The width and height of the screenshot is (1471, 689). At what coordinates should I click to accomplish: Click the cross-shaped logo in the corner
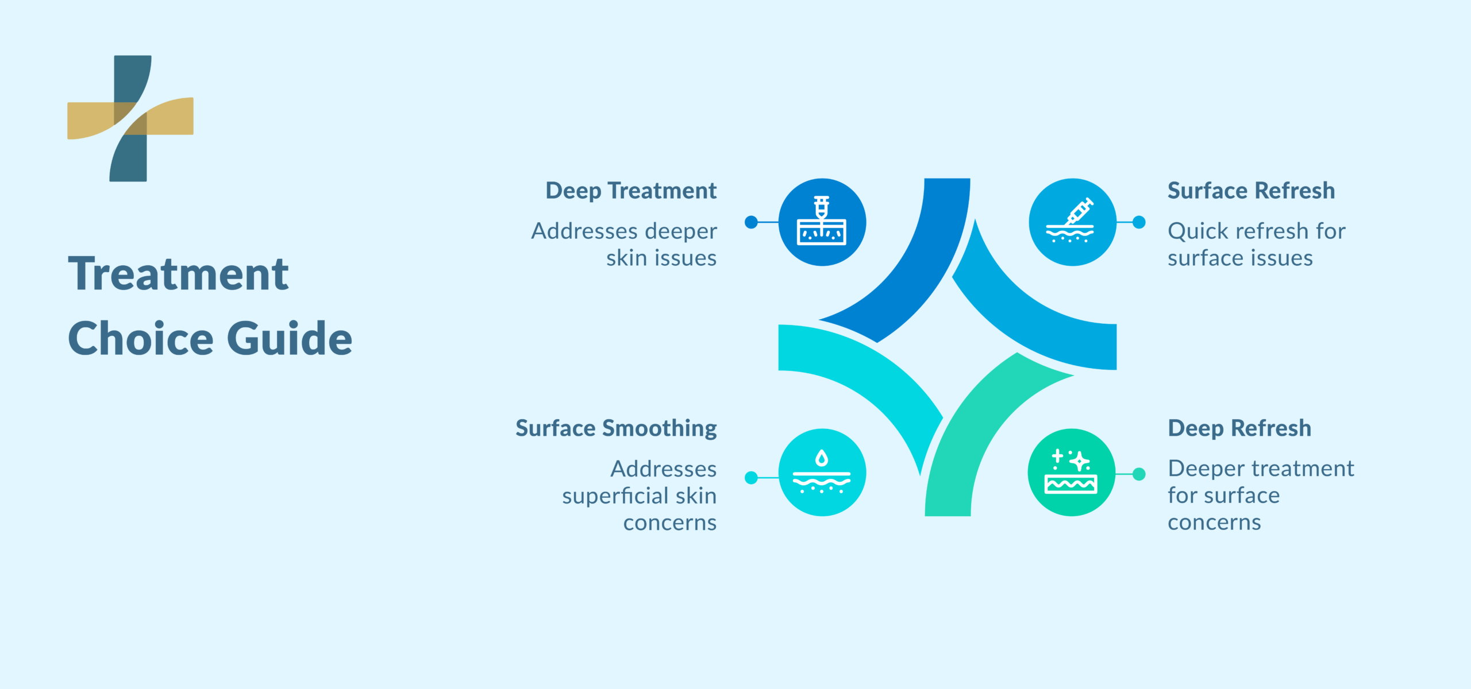click(130, 118)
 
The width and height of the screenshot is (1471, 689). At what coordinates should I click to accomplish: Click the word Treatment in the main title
click(179, 274)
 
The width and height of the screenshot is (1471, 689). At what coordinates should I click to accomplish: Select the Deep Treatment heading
click(631, 191)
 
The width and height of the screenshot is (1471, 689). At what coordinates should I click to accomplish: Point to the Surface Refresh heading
click(1251, 191)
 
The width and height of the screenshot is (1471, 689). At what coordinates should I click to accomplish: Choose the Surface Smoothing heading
click(616, 428)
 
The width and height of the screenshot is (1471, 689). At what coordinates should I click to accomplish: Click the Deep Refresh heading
click(1239, 428)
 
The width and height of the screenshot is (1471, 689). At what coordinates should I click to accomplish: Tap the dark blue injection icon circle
click(822, 222)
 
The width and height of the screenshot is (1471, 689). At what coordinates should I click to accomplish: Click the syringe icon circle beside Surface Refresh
click(1072, 222)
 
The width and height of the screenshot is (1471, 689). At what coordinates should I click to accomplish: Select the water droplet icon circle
click(822, 473)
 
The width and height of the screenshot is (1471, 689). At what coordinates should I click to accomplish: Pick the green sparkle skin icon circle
click(1072, 473)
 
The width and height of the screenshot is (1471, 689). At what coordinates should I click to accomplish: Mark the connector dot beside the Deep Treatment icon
click(751, 222)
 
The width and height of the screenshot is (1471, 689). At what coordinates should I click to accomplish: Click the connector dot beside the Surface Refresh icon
click(1139, 222)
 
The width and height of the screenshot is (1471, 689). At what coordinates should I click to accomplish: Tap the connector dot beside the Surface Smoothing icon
click(751, 478)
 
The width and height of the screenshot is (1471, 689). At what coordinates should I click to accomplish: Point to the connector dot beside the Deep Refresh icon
click(1139, 474)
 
